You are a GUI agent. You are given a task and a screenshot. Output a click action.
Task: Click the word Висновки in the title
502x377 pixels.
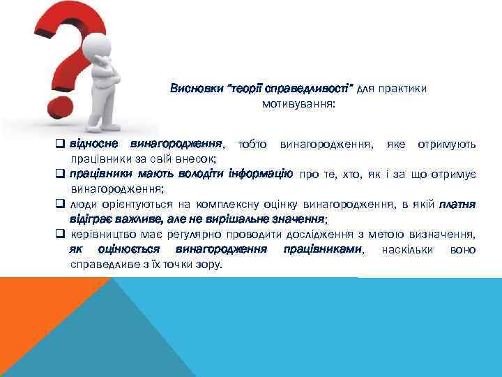tap(193, 89)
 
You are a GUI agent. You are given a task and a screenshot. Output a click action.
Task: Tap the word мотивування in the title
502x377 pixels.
tap(298, 103)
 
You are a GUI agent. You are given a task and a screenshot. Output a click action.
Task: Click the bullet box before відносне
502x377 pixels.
tap(61, 145)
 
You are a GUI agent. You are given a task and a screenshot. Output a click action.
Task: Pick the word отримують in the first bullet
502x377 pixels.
tap(447, 145)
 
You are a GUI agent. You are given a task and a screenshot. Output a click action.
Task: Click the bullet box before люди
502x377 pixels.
tap(61, 204)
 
